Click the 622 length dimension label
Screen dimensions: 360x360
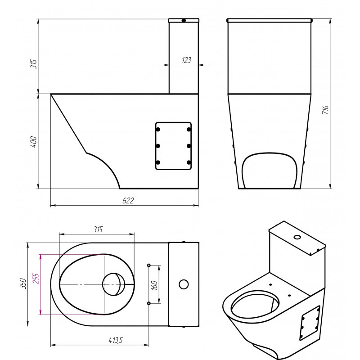[128, 200]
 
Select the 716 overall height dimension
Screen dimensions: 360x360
[325, 110]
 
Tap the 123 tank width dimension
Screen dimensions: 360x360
[186, 60]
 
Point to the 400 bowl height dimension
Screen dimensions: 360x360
[33, 142]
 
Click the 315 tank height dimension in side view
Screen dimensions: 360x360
[33, 64]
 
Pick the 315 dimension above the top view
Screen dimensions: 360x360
[98, 229]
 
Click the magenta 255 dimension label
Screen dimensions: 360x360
[36, 279]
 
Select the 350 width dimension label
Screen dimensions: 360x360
[23, 283]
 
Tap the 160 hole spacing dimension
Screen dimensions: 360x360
[154, 285]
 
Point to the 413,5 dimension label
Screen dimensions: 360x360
[116, 340]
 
